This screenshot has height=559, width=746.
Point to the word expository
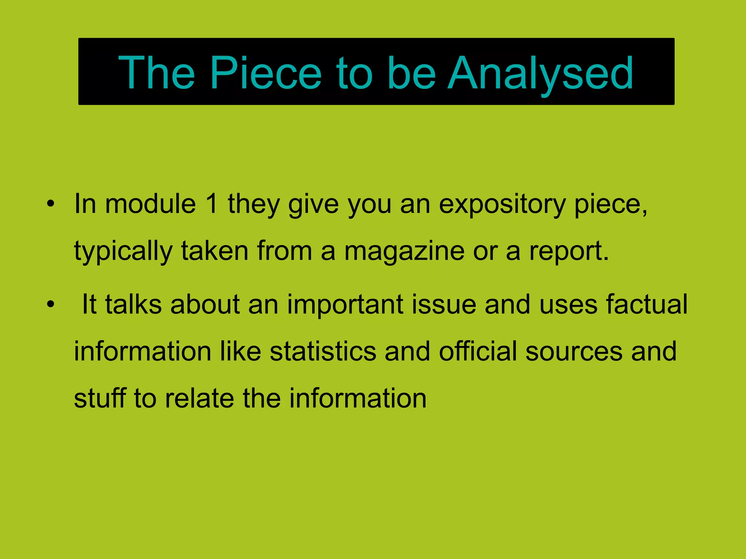coord(502,205)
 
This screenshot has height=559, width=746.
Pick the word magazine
coord(404,251)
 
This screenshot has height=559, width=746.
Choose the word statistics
coord(323,352)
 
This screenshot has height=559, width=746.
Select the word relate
coord(199,398)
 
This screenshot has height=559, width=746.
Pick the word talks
coord(133,304)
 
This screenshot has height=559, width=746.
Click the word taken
coord(215,251)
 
